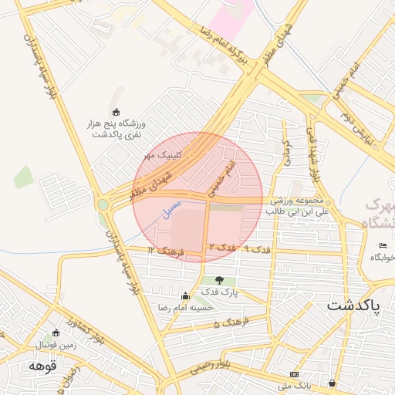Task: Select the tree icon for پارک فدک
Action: [220, 281]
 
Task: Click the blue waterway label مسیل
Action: [168, 206]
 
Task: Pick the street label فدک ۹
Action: [257, 250]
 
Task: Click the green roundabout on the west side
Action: [103, 204]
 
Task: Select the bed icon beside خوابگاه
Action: [383, 245]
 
